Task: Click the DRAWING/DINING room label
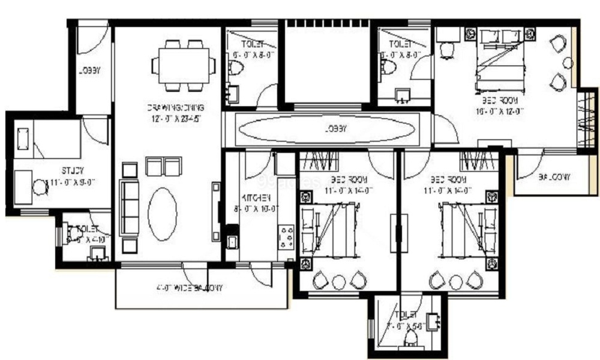pyautogui.click(x=175, y=108)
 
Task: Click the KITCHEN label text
pyautogui.click(x=256, y=197)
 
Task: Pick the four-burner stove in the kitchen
pyautogui.click(x=286, y=237)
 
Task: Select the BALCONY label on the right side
pyautogui.click(x=554, y=177)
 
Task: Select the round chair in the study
pyautogui.click(x=40, y=187)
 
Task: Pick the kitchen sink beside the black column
pyautogui.click(x=232, y=242)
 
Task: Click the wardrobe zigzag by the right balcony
pyautogui.click(x=586, y=119)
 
